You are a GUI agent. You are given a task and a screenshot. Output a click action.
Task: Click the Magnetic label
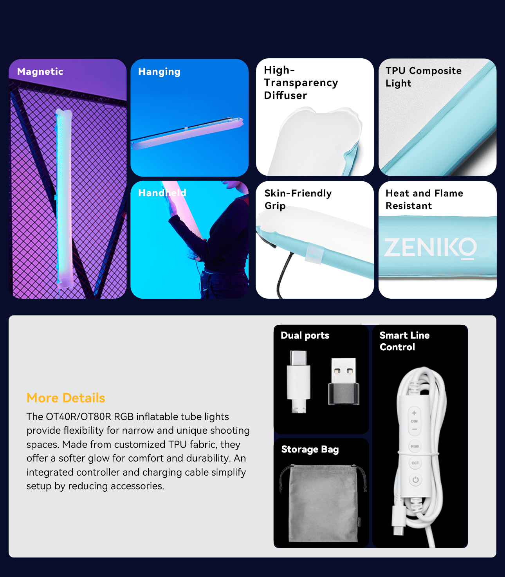click(x=40, y=72)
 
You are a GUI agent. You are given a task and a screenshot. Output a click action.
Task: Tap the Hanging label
click(x=159, y=72)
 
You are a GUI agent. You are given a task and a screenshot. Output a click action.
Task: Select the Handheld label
click(x=162, y=193)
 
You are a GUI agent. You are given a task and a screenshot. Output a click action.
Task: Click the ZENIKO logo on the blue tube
click(x=430, y=248)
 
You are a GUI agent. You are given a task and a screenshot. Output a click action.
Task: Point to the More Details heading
click(x=66, y=398)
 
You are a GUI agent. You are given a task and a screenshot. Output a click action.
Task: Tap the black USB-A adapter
click(x=343, y=382)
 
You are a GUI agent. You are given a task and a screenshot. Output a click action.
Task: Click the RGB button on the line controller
click(x=415, y=446)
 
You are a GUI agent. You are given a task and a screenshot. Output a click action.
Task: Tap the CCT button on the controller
click(x=415, y=463)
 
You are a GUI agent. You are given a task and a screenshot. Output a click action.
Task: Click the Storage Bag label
click(x=310, y=449)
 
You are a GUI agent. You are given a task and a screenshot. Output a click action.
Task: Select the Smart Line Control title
click(x=404, y=341)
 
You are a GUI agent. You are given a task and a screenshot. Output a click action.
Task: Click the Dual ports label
click(x=305, y=335)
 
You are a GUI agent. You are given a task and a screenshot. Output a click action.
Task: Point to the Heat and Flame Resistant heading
click(x=424, y=199)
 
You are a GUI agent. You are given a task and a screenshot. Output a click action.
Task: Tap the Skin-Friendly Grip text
click(x=298, y=199)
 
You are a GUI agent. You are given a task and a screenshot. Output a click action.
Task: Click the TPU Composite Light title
click(x=424, y=77)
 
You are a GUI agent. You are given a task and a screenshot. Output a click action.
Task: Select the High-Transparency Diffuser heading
click(x=301, y=83)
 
